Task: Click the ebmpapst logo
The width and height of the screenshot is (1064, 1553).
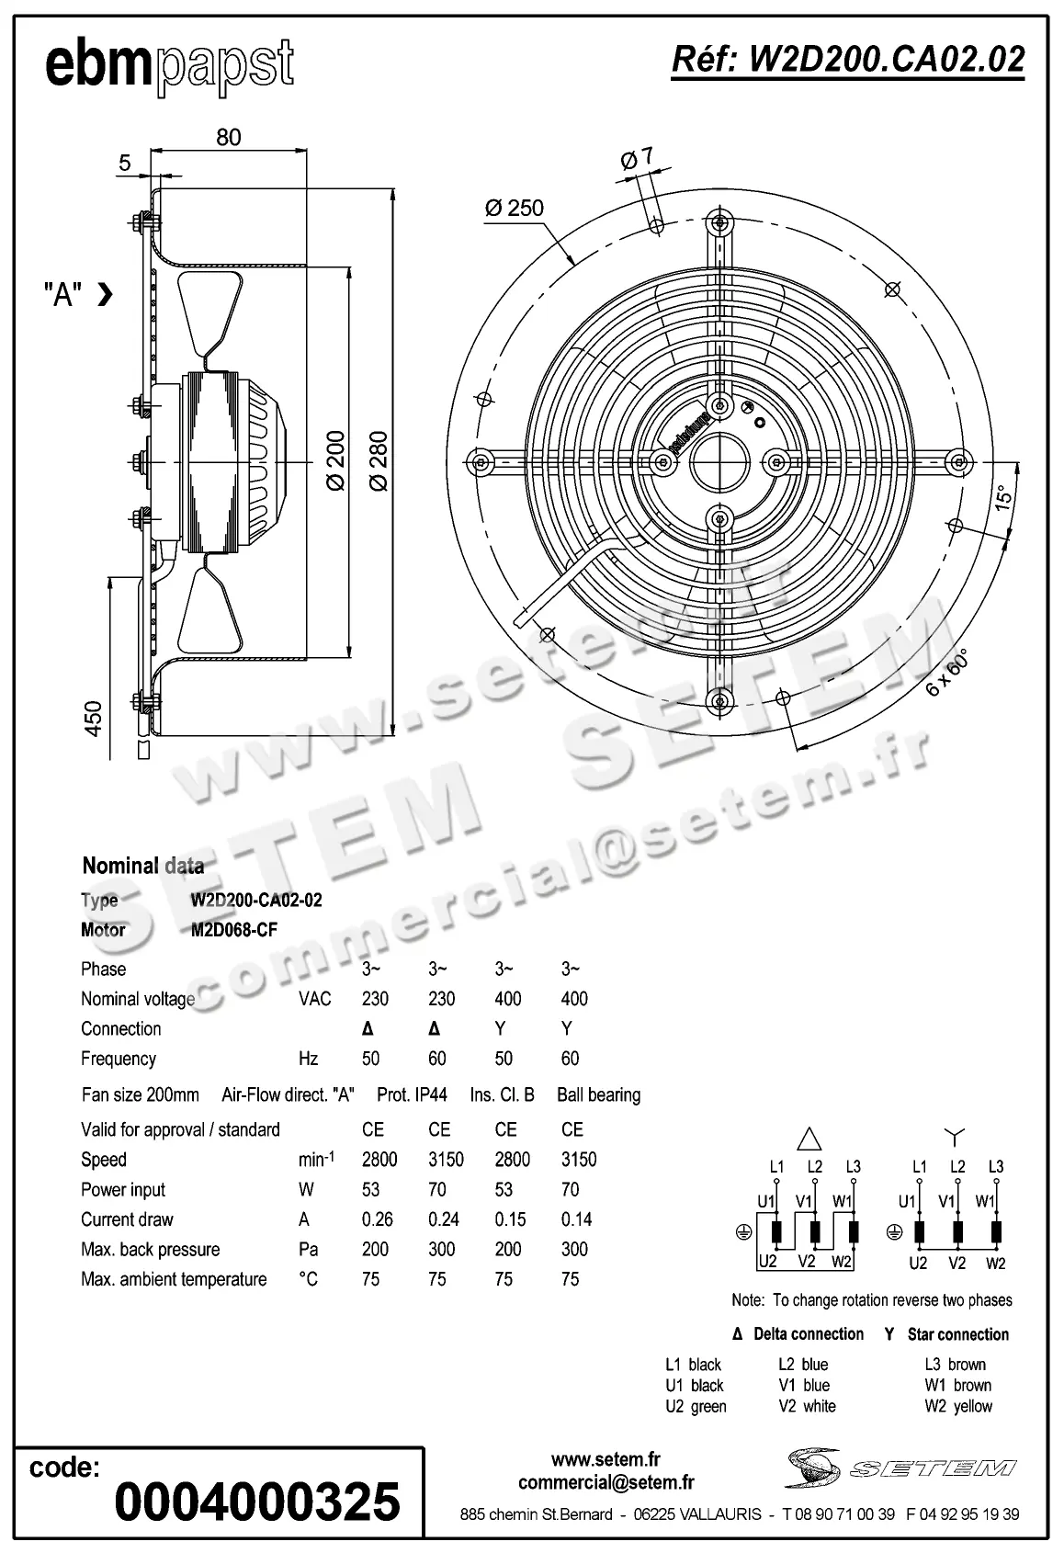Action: click(x=170, y=66)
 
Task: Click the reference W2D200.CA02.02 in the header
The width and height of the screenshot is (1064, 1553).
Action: click(x=847, y=60)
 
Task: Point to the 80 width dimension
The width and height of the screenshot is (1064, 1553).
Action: click(x=228, y=137)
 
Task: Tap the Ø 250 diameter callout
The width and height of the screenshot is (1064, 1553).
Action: click(x=515, y=208)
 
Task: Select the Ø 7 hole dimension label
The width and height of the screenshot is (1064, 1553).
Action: click(x=636, y=159)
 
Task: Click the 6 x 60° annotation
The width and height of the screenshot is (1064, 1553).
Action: click(x=947, y=673)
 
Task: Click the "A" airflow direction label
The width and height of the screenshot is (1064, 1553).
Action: click(x=64, y=295)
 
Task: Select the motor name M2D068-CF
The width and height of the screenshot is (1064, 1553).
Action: click(x=233, y=930)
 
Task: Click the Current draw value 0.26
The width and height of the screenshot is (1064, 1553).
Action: click(x=377, y=1219)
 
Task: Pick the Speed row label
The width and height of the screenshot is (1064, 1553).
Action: click(x=104, y=1160)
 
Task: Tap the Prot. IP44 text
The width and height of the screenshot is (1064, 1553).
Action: click(x=412, y=1094)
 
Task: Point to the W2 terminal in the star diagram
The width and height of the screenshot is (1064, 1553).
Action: click(x=995, y=1264)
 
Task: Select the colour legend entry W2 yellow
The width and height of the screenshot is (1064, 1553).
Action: click(x=958, y=1406)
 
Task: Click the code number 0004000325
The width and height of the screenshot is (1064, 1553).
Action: click(x=257, y=1502)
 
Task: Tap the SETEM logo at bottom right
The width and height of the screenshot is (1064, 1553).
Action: click(x=900, y=1468)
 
